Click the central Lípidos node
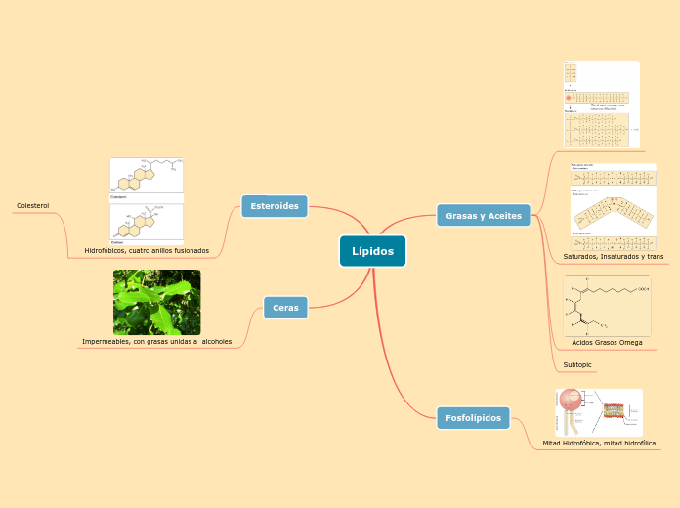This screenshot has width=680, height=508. [372, 251]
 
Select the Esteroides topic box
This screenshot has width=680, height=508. [275, 206]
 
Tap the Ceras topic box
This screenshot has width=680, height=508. [285, 308]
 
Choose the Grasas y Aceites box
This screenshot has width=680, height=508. [484, 215]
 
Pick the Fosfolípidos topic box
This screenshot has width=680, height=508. [473, 418]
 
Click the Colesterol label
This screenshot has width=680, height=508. [32, 206]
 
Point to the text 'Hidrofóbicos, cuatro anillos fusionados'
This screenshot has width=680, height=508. [147, 251]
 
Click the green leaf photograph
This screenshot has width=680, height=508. [156, 302]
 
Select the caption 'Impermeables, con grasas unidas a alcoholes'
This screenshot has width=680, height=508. [156, 342]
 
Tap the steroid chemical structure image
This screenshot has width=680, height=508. [147, 200]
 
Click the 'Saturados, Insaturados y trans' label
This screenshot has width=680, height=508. [613, 256]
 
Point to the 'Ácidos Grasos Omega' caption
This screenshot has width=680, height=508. [607, 343]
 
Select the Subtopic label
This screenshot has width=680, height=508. [577, 364]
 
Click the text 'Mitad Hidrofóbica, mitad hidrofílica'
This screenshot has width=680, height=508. [599, 443]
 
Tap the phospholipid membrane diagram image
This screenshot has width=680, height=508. [599, 411]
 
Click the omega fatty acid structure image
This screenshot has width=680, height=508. [607, 306]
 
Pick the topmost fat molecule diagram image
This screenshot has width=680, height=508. [601, 104]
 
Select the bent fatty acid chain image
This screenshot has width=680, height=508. [613, 207]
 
